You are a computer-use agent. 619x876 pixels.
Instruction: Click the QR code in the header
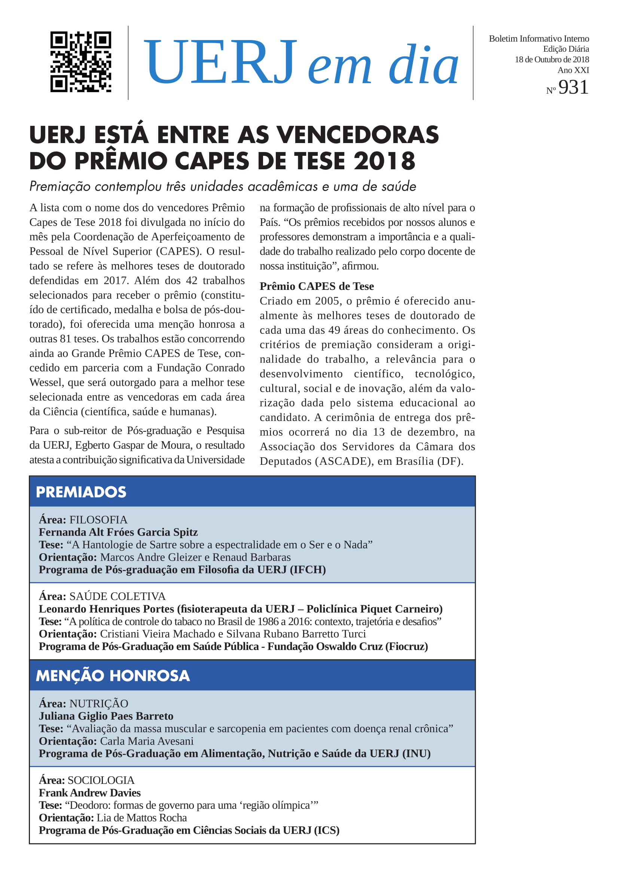point(81,62)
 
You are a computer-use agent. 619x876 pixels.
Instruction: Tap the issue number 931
point(573,87)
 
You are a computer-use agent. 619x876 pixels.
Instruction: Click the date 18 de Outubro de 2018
point(552,60)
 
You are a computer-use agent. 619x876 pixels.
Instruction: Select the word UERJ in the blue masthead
point(220,62)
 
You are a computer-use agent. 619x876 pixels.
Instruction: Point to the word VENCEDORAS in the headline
point(357,135)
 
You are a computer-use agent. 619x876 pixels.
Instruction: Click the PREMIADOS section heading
point(81,492)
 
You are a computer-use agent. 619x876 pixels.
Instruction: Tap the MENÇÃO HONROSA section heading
point(112,676)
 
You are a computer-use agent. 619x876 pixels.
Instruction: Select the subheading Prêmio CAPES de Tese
point(316,286)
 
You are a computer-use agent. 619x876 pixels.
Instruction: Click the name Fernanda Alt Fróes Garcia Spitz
point(118,532)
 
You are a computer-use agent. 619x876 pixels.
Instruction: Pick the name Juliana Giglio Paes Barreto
point(106,716)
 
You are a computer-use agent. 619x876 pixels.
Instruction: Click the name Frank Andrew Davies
point(89,793)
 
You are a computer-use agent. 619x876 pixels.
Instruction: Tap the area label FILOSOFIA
point(98,520)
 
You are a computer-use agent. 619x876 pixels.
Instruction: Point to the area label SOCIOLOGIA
point(101,780)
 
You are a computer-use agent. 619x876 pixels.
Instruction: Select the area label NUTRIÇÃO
point(99,704)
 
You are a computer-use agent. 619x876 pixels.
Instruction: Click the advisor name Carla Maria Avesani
point(147,741)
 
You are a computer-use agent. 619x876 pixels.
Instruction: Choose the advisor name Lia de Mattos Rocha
point(142,818)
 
